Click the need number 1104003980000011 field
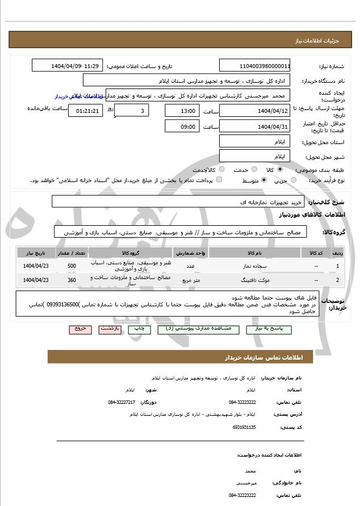click(x=254, y=65)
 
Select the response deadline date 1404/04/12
click(x=254, y=110)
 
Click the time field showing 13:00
click(x=182, y=110)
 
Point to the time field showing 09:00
click(x=182, y=126)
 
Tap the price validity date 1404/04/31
click(x=254, y=126)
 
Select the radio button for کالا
click(x=280, y=169)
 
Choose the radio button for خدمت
click(x=253, y=169)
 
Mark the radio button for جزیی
click(x=294, y=180)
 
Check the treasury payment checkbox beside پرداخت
click(x=219, y=180)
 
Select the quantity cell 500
click(x=72, y=265)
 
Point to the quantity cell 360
click(x=72, y=280)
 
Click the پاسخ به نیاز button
click(x=269, y=328)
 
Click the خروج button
click(x=80, y=328)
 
